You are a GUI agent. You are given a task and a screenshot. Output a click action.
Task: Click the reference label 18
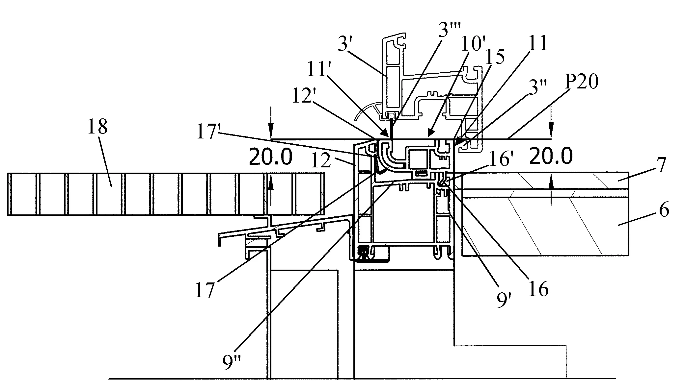click(x=97, y=127)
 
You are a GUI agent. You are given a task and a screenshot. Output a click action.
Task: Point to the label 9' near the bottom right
click(x=503, y=301)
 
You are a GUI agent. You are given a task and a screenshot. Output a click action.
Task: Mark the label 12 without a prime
click(x=321, y=161)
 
